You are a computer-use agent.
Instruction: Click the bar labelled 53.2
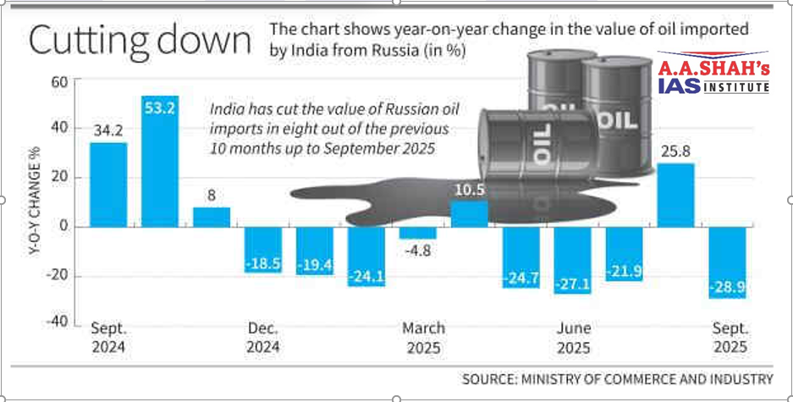point(160,161)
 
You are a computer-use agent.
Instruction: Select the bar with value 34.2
point(108,184)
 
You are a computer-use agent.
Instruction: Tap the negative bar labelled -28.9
point(728,262)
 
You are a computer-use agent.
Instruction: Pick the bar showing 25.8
point(675,195)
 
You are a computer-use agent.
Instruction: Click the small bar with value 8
point(212,217)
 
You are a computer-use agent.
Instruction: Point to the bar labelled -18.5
point(263,250)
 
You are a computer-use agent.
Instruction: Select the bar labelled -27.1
point(572,260)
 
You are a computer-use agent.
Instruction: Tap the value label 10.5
point(469,190)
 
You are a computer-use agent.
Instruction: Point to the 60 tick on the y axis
point(58,81)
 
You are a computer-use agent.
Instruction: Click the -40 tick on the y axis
point(55,324)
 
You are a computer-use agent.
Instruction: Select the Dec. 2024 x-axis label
point(263,338)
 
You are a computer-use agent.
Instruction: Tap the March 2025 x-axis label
point(423,338)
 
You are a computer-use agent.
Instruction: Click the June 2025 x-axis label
point(573,338)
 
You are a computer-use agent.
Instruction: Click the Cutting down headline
point(140,41)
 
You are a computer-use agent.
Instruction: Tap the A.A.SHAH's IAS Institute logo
point(713,75)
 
